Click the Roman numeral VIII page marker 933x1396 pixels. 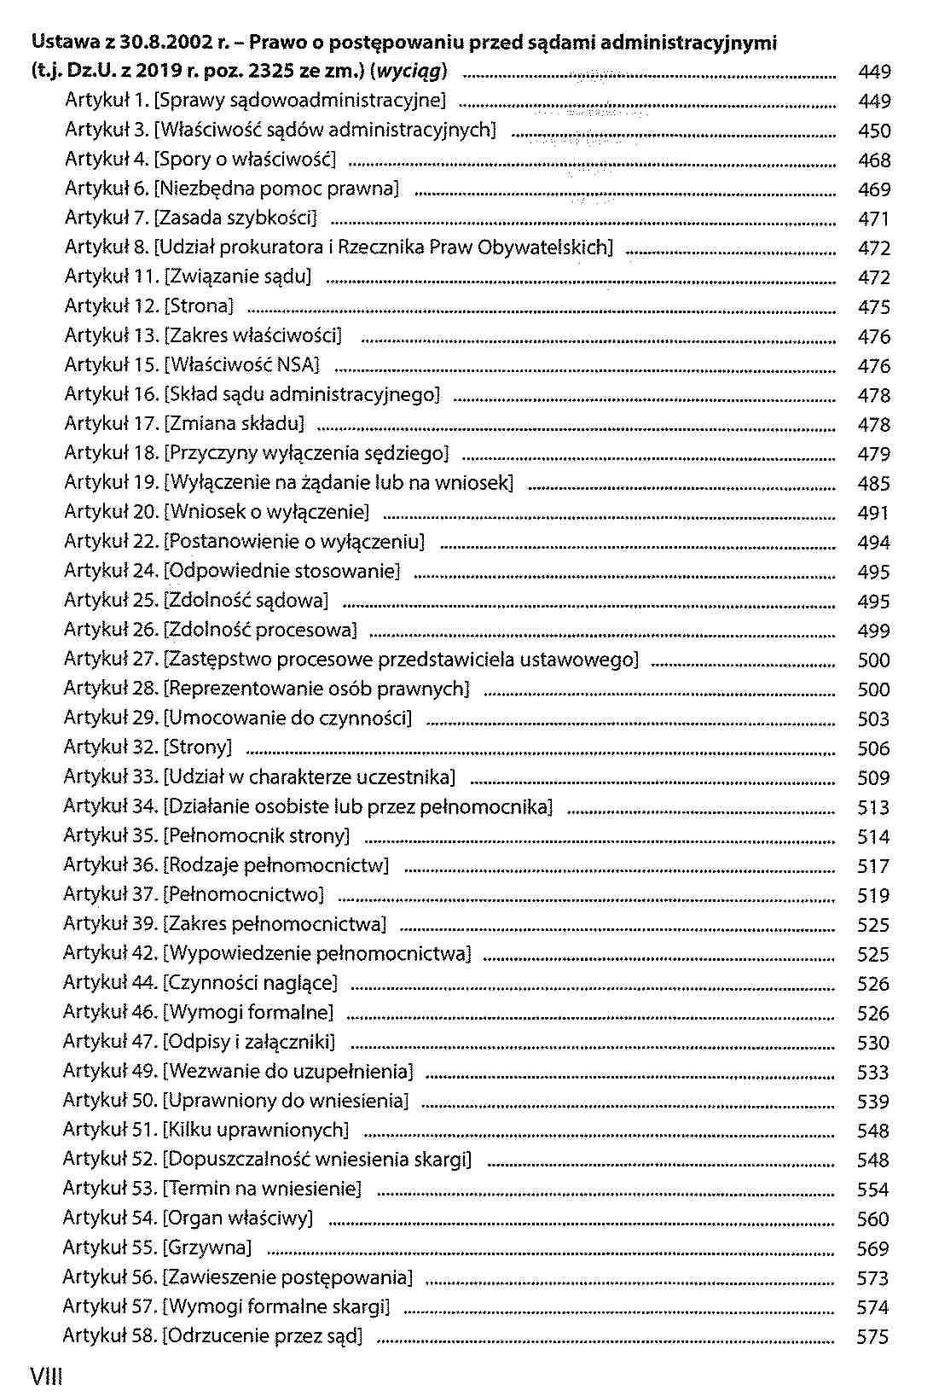tap(46, 1376)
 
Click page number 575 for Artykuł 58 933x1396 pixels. tap(872, 1337)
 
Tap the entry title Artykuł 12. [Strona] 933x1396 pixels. tap(149, 306)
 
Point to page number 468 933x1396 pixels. tap(873, 160)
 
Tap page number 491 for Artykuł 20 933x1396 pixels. tap(872, 513)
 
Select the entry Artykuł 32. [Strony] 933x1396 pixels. tap(148, 747)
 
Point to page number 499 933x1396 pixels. tap(873, 631)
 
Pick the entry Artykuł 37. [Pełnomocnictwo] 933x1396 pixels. tap(194, 894)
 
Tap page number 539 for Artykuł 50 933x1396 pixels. tap(872, 1102)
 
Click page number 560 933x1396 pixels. tap(872, 1219)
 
